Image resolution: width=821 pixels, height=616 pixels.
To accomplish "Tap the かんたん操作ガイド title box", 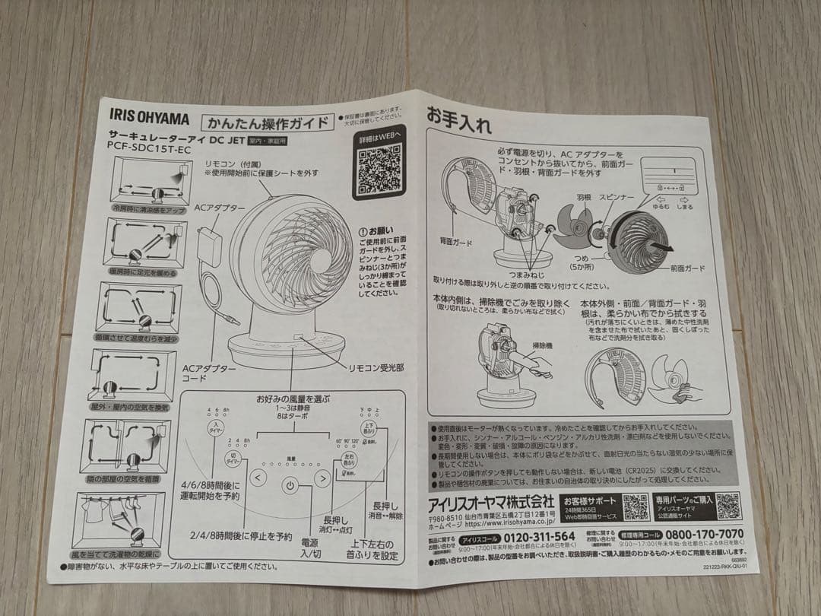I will coord(267,122).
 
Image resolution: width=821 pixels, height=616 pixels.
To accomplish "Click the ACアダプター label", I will coord(220,208).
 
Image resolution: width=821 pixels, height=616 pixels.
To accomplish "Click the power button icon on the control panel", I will coord(290,484).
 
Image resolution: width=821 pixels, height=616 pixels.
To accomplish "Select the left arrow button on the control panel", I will coord(258,478).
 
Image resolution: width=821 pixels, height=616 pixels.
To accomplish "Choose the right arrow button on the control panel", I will coord(322,479).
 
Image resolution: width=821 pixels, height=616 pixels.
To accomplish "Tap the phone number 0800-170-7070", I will coord(698,535).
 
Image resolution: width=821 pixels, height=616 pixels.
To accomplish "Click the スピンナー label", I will coord(615,197).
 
